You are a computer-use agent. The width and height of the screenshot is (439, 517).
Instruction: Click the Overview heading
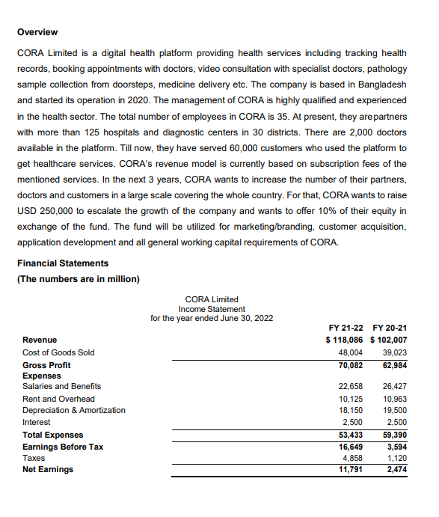tap(37, 32)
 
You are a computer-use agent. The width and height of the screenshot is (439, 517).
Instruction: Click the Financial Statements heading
tap(62, 263)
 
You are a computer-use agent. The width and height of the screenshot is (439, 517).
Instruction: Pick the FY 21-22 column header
tap(346, 327)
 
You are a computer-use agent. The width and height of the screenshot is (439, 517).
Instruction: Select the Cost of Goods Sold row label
tap(58, 352)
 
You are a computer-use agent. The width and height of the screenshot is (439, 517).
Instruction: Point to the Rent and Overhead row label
tap(58, 399)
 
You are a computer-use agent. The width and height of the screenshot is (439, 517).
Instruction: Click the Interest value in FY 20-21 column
tap(396, 422)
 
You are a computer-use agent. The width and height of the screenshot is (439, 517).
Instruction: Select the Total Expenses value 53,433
tap(351, 435)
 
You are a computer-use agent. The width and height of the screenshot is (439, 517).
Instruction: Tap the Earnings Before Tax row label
tap(63, 447)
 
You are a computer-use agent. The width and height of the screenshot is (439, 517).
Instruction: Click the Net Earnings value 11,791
tap(351, 469)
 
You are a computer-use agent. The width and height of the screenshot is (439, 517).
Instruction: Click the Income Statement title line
tap(211, 308)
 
